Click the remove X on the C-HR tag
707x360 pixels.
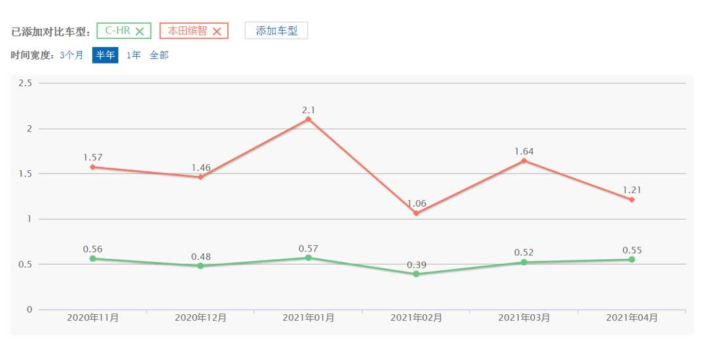tap(139, 31)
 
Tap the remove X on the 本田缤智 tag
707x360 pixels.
tap(217, 31)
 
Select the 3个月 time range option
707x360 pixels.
tap(71, 55)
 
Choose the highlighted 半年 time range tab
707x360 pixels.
tap(105, 55)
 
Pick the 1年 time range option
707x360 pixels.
tap(134, 55)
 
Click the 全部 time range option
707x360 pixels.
tap(159, 55)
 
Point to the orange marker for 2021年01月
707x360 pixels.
tap(308, 119)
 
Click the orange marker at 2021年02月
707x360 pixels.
tap(416, 213)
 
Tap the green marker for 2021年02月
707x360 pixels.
tap(416, 274)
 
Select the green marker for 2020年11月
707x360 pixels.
tap(93, 259)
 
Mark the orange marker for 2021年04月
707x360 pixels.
tap(632, 200)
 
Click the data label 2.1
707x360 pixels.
tap(308, 110)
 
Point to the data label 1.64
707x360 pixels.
tap(524, 151)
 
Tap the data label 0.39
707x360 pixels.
tap(416, 264)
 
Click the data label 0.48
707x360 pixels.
tap(201, 257)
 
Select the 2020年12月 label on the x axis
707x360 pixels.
tap(201, 317)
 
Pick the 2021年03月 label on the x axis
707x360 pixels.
tap(524, 317)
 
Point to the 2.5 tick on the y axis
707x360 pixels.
tap(26, 83)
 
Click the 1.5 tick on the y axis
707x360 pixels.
tap(26, 173)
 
